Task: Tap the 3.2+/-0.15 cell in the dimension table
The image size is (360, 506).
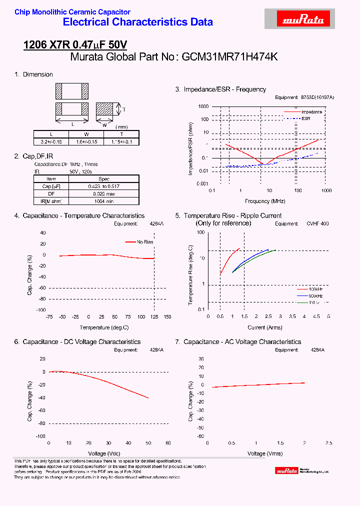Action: tap(50, 142)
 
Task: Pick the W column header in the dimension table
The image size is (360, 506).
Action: tap(86, 134)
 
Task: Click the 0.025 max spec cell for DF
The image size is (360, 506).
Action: tap(103, 193)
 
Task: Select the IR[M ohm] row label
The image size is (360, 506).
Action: tap(51, 201)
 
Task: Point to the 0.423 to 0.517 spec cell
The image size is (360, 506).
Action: tap(103, 186)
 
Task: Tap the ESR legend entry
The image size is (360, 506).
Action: tap(305, 118)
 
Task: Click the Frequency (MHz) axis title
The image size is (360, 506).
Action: tap(265, 201)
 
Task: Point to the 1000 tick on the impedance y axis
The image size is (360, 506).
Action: tap(202, 106)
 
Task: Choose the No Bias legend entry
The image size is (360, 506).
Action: tap(145, 242)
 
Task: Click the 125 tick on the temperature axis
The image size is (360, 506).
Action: tap(154, 317)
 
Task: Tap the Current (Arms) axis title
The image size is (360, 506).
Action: tap(265, 327)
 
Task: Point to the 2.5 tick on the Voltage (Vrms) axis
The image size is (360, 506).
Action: tap(328, 443)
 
